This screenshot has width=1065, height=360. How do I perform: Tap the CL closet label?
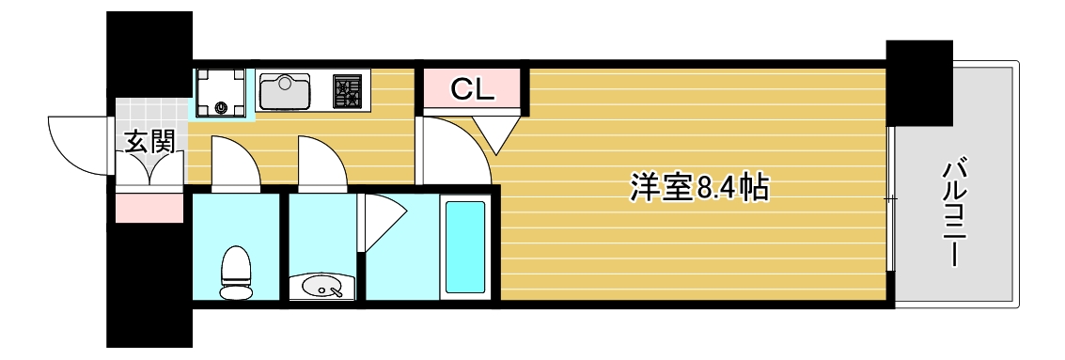coord(471,89)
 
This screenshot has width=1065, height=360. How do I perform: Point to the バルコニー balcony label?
coord(954,214)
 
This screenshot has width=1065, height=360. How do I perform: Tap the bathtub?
coord(464,245)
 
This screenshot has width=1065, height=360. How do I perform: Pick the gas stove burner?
coord(347,91)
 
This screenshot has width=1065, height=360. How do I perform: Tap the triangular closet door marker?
coord(497,132)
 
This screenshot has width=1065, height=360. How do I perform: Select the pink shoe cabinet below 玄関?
coord(149,207)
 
